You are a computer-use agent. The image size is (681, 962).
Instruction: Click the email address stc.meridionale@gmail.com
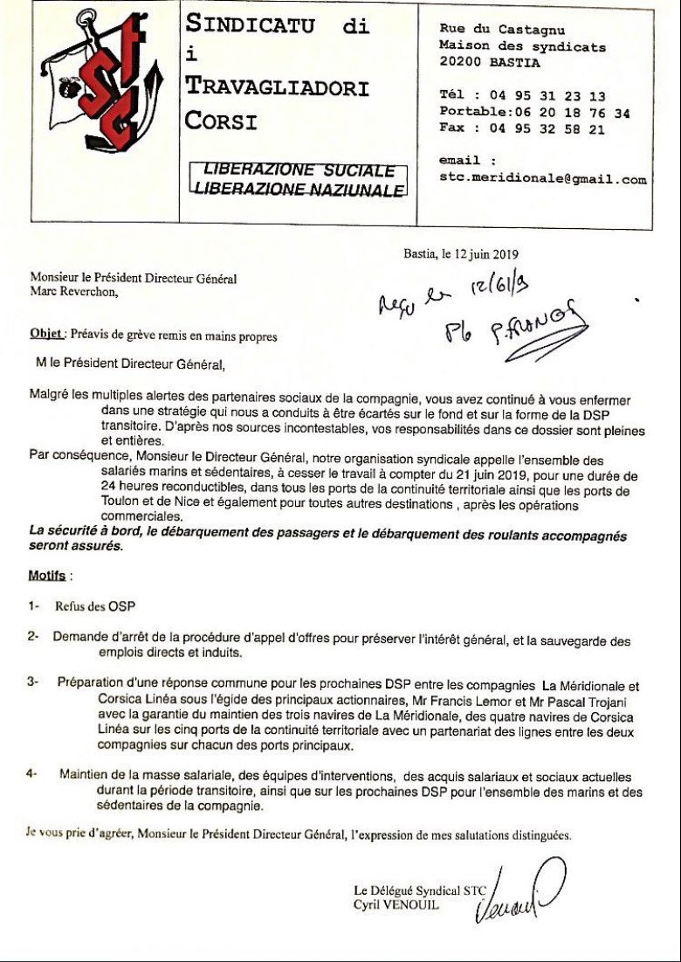click(x=543, y=180)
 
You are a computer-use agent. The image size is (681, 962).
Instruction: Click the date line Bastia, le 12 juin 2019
click(x=461, y=254)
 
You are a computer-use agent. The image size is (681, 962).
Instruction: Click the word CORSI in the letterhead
click(x=221, y=121)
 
